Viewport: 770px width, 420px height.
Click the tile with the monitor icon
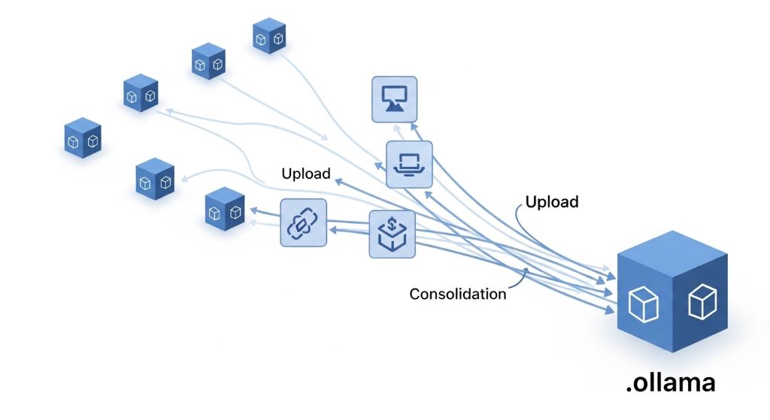[394, 99]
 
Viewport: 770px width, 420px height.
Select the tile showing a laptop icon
[409, 164]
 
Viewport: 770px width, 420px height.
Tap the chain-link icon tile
[304, 222]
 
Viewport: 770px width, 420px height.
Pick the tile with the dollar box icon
[393, 234]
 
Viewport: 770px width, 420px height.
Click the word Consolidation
[457, 294]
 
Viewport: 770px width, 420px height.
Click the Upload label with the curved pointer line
[552, 202]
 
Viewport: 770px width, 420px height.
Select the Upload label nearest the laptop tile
[306, 174]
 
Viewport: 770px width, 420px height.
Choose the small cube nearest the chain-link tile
[225, 210]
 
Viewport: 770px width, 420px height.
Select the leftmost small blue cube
[83, 138]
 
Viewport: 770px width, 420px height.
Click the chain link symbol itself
[304, 222]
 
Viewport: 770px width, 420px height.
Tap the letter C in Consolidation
[414, 294]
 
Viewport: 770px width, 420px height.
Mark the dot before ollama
[629, 389]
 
